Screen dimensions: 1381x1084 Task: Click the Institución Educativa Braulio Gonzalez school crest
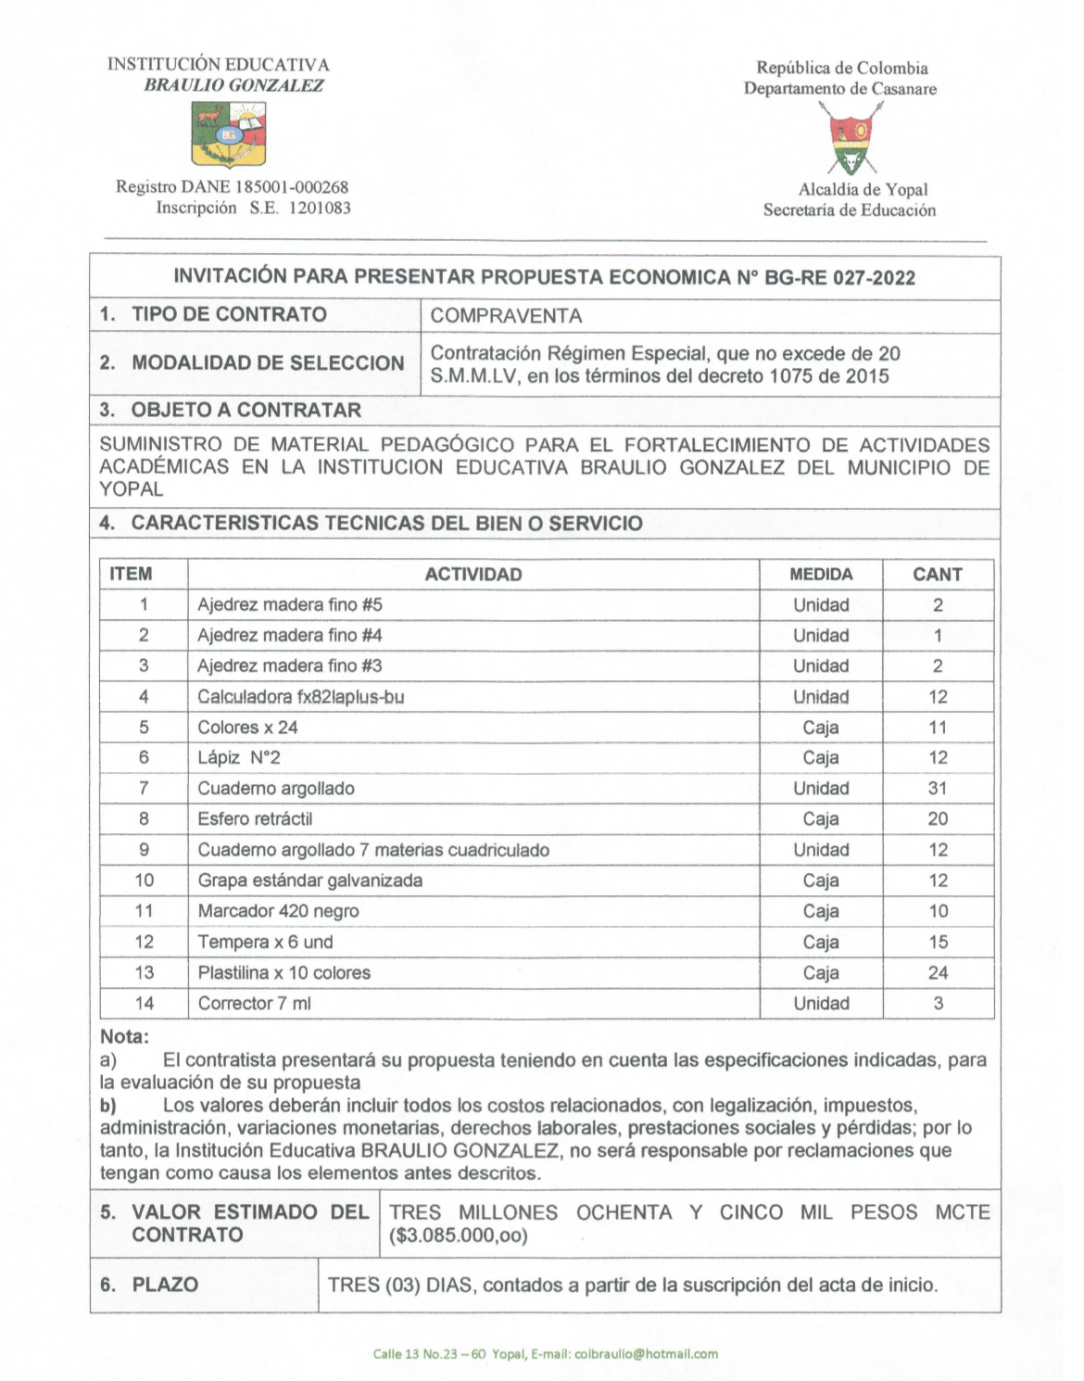click(x=228, y=133)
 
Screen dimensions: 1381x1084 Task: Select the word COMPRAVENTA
click(x=506, y=316)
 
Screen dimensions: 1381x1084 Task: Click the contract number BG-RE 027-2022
click(x=839, y=277)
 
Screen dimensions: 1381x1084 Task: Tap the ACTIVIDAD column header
click(x=473, y=575)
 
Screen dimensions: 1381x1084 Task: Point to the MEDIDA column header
click(x=821, y=575)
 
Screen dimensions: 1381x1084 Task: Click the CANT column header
click(x=937, y=575)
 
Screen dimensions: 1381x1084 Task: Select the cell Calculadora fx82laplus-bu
click(x=300, y=697)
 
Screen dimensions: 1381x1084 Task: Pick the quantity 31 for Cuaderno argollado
click(x=938, y=789)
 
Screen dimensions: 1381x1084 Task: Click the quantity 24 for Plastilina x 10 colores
click(x=938, y=973)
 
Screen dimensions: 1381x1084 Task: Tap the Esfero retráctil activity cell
click(x=255, y=819)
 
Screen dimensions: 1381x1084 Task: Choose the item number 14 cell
click(x=145, y=1004)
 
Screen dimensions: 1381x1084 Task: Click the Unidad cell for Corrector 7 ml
click(x=821, y=1004)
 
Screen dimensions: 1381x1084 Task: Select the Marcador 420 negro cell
click(x=278, y=911)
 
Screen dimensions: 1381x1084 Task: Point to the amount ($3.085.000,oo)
click(x=459, y=1235)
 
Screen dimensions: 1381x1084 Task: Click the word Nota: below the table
click(x=124, y=1037)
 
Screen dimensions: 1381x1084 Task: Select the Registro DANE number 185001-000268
click(x=291, y=187)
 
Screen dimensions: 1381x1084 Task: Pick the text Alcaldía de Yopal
click(x=863, y=190)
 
